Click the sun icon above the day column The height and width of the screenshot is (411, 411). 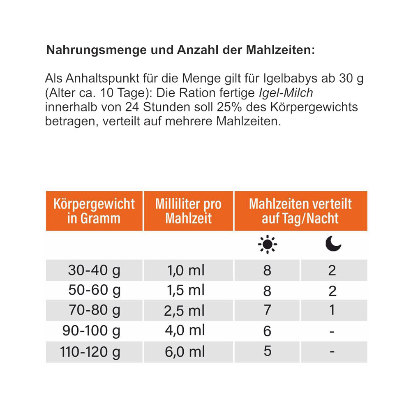[268, 244]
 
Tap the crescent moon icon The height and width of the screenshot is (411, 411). [333, 243]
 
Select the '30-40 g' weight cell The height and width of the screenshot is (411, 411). [94, 270]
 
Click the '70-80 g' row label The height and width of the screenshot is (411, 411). [95, 310]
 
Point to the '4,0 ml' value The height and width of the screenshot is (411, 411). [185, 330]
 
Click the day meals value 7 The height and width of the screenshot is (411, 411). [268, 310]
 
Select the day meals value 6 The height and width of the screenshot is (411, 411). [267, 331]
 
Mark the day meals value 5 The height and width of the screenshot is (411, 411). [268, 351]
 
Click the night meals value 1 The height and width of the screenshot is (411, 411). [332, 310]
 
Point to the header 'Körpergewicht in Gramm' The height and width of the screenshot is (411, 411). [94, 211]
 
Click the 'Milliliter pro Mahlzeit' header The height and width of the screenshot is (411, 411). [189, 211]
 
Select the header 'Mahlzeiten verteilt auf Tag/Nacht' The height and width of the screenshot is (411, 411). [300, 211]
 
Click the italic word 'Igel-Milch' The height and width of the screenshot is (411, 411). [286, 93]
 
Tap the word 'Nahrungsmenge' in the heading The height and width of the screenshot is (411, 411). [96, 50]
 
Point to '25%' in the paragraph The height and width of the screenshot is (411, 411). [229, 107]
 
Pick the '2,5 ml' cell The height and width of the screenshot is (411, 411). [184, 311]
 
